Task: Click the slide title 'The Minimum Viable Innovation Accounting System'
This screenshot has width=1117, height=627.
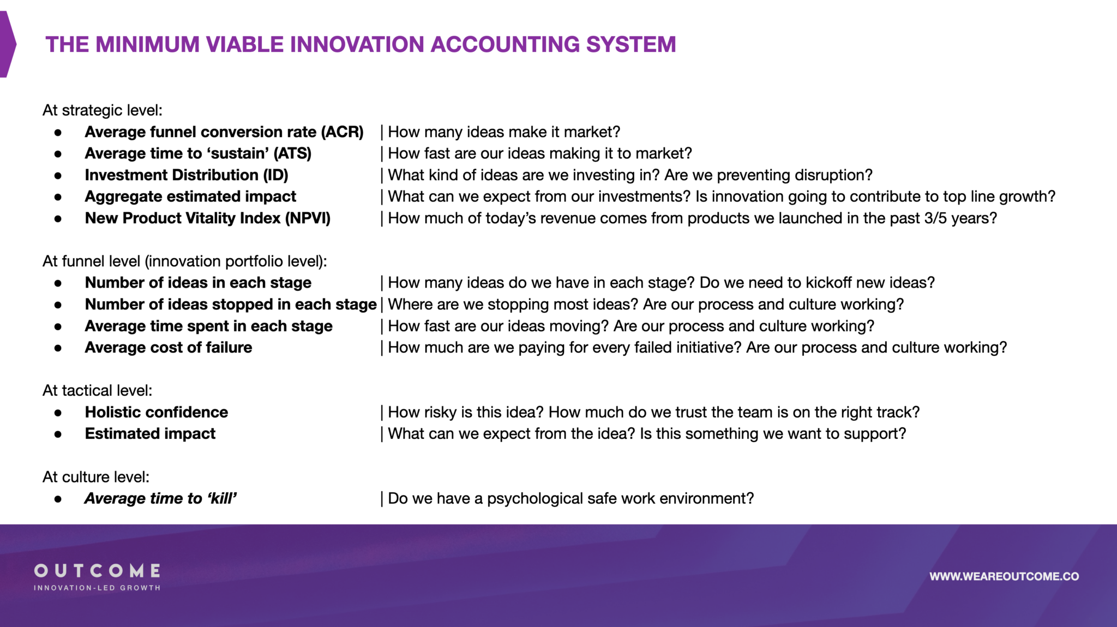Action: (x=361, y=44)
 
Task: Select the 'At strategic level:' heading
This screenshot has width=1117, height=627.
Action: (x=103, y=110)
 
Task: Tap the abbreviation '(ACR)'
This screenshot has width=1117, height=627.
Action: (x=342, y=132)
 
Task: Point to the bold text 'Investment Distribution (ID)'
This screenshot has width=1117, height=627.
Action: (x=187, y=175)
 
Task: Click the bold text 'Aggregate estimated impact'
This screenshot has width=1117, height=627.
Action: (x=190, y=196)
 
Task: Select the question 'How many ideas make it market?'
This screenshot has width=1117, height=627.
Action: (x=504, y=132)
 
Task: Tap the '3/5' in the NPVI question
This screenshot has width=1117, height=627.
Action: (x=935, y=218)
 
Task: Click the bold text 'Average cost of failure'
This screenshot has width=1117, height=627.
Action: (x=169, y=348)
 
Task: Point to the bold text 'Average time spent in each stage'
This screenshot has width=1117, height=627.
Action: (x=209, y=326)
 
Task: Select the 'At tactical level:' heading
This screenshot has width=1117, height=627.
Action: (x=98, y=391)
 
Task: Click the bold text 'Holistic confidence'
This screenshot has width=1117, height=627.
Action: (x=157, y=412)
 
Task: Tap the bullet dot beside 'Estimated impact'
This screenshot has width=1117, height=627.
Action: (x=58, y=434)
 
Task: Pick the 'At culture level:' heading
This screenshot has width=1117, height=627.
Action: (x=96, y=477)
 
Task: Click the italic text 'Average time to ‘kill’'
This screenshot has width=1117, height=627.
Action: (x=160, y=498)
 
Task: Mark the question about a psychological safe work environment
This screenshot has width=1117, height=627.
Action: (x=570, y=498)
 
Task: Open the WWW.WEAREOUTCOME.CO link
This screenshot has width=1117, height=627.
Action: (x=1004, y=576)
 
